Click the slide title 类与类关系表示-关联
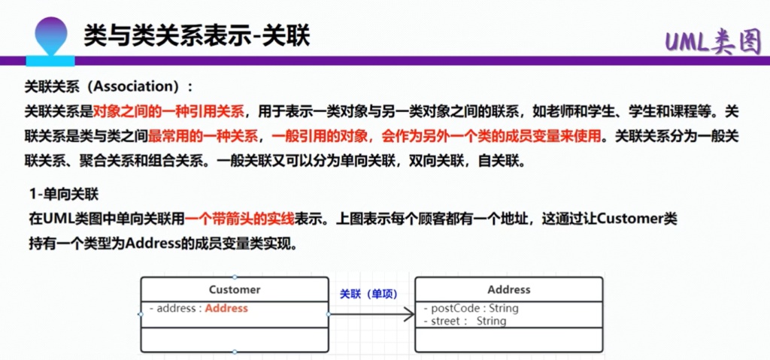click(x=196, y=36)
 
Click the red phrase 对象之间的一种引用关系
click(x=168, y=111)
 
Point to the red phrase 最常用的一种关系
click(x=203, y=136)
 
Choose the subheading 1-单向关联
click(x=65, y=195)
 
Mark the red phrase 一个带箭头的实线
click(x=240, y=219)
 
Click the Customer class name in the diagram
click(x=235, y=290)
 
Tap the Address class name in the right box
click(x=509, y=290)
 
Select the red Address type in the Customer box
click(x=226, y=308)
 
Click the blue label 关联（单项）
click(x=368, y=294)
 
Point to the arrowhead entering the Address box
click(x=410, y=314)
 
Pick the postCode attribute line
click(x=471, y=308)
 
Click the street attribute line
click(x=465, y=321)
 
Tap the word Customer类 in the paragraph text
click(x=638, y=219)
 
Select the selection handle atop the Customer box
click(x=235, y=277)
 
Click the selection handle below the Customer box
click(x=235, y=352)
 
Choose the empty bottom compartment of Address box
click(x=509, y=340)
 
